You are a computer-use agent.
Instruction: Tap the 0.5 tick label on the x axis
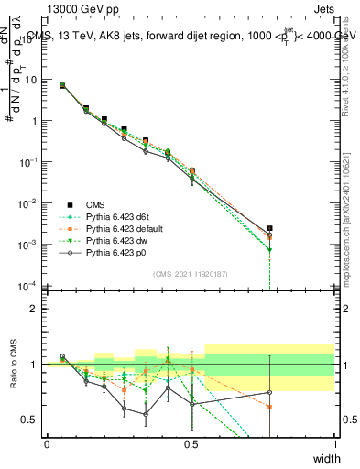coord(191,443)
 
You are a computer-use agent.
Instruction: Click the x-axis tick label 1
coord(334,443)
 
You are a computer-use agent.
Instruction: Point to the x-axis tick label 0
coord(47,443)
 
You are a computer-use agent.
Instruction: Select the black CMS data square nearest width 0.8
coord(269,228)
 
